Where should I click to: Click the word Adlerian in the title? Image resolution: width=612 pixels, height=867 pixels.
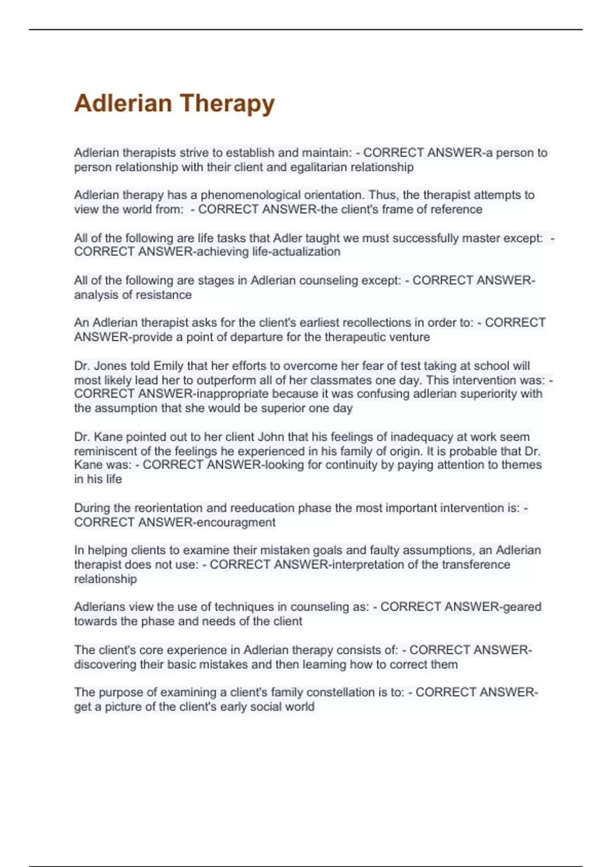pos(123,103)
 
